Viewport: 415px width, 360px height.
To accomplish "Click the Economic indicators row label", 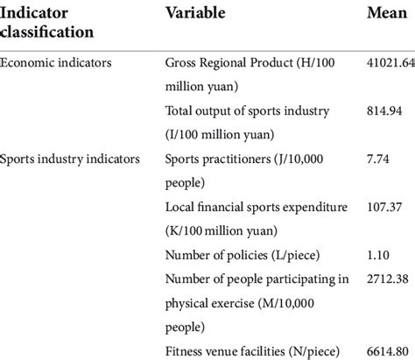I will [57, 63].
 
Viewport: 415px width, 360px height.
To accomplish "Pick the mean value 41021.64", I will [390, 63].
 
